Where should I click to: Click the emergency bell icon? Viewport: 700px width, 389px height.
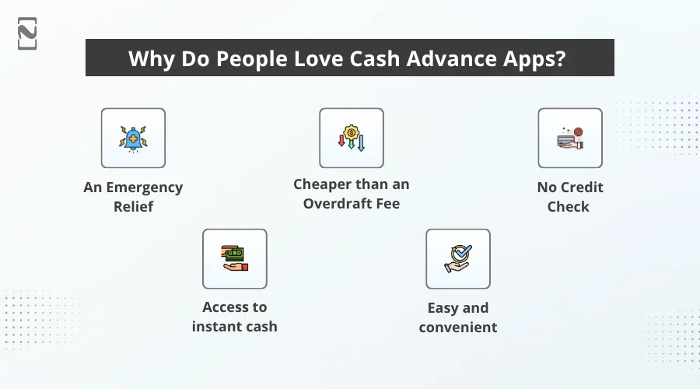[133, 138]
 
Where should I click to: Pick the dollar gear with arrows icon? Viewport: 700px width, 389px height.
[351, 138]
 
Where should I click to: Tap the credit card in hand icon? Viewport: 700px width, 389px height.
[569, 138]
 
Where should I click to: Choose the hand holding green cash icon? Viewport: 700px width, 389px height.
[234, 258]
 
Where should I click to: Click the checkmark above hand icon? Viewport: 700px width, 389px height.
[457, 258]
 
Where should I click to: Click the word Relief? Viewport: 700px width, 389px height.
[133, 207]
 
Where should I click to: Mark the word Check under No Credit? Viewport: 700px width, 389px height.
[569, 207]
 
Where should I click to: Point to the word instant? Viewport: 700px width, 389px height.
[216, 327]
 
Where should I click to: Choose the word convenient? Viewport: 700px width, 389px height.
[458, 327]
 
